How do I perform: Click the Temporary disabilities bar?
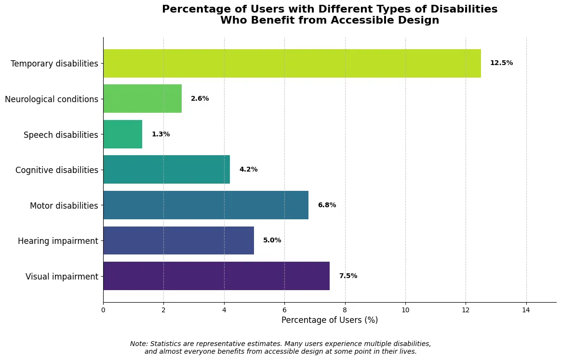[x=292, y=63]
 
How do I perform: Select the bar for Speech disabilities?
[x=122, y=134]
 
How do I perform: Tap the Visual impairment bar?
[x=216, y=276]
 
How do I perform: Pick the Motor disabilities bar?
[x=205, y=205]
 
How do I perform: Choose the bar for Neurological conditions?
[x=142, y=99]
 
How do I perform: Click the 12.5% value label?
[x=501, y=63]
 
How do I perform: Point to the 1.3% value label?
[x=160, y=134]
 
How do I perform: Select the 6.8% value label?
[x=327, y=205]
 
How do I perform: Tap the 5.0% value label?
[x=272, y=240]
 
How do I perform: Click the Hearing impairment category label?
[x=58, y=241]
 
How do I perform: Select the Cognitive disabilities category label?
[x=56, y=170]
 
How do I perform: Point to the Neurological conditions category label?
[x=52, y=99]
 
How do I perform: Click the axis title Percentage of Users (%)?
[x=330, y=320]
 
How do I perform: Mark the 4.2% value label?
[x=248, y=170]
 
